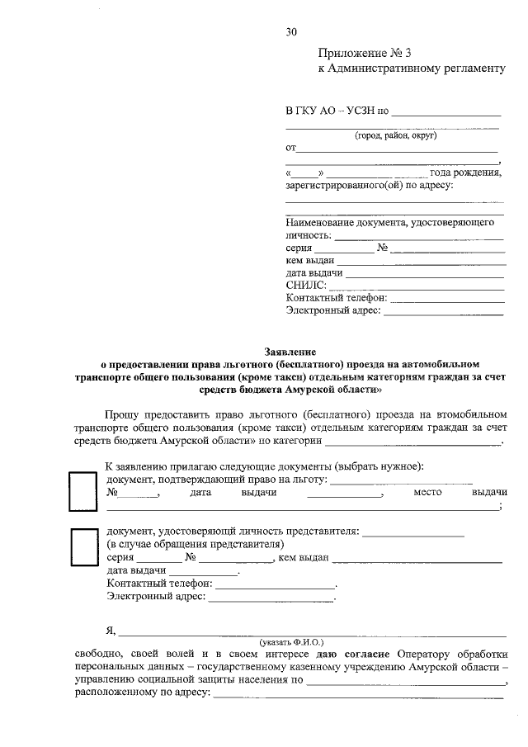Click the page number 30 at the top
pyautogui.click(x=291, y=32)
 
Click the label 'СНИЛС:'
pyautogui.click(x=306, y=286)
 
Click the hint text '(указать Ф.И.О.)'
pyautogui.click(x=291, y=641)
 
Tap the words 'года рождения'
pyautogui.click(x=466, y=173)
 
